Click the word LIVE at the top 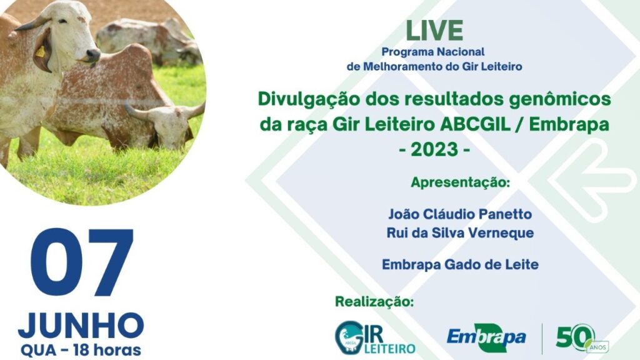[x=434, y=31]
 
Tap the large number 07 [x=82, y=262]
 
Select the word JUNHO [x=81, y=325]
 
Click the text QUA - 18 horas [x=81, y=349]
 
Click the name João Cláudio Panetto [x=459, y=214]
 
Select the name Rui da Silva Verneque [x=460, y=232]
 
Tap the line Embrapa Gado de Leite [x=460, y=264]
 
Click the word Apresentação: [x=461, y=182]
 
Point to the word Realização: [x=374, y=301]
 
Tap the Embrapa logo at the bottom [x=486, y=337]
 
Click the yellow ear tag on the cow [x=40, y=52]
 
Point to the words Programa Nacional [x=434, y=52]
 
